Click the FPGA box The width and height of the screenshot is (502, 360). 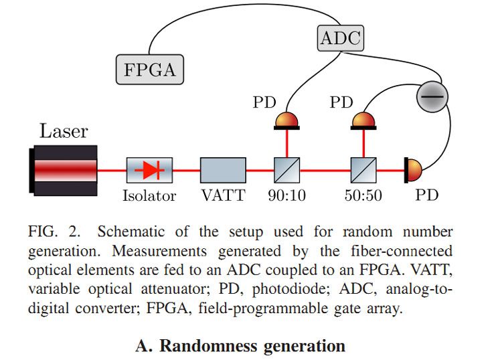(151, 69)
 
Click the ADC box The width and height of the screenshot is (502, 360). (340, 38)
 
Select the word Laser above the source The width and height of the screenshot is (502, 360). (64, 130)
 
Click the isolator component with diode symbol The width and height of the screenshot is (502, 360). (149, 170)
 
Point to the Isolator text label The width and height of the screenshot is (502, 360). (149, 196)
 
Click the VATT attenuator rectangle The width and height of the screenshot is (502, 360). (223, 170)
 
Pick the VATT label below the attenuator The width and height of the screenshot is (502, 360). (223, 196)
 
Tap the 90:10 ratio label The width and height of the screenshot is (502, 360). (288, 196)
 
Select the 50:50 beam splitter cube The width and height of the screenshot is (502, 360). (363, 170)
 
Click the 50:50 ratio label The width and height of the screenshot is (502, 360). (363, 196)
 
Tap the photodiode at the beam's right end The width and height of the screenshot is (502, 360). (412, 170)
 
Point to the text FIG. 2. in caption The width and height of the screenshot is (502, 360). (56, 233)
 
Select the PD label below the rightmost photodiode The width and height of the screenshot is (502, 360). (427, 196)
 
